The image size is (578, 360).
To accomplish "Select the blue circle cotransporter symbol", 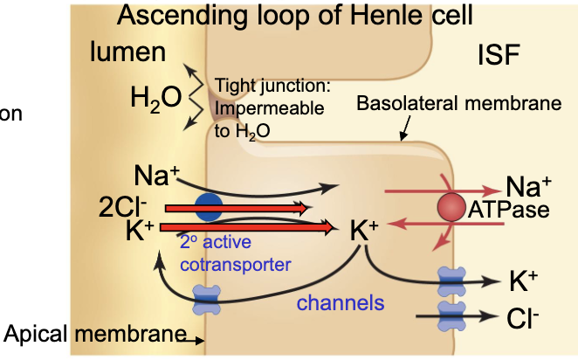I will pyautogui.click(x=208, y=206).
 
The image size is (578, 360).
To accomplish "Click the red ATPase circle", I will pyautogui.click(x=451, y=207).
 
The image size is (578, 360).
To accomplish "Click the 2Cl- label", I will pyautogui.click(x=121, y=208).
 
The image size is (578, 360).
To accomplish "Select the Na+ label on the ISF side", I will pyautogui.click(x=528, y=186).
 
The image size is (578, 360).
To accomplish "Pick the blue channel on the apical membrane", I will pyautogui.click(x=209, y=298).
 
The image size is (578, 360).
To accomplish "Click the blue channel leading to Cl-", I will pyautogui.click(x=452, y=315).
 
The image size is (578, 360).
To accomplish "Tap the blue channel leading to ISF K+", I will pyautogui.click(x=452, y=280).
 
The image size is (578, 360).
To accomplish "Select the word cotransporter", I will pyautogui.click(x=236, y=262).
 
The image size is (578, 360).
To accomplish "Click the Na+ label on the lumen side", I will pyautogui.click(x=156, y=173).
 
